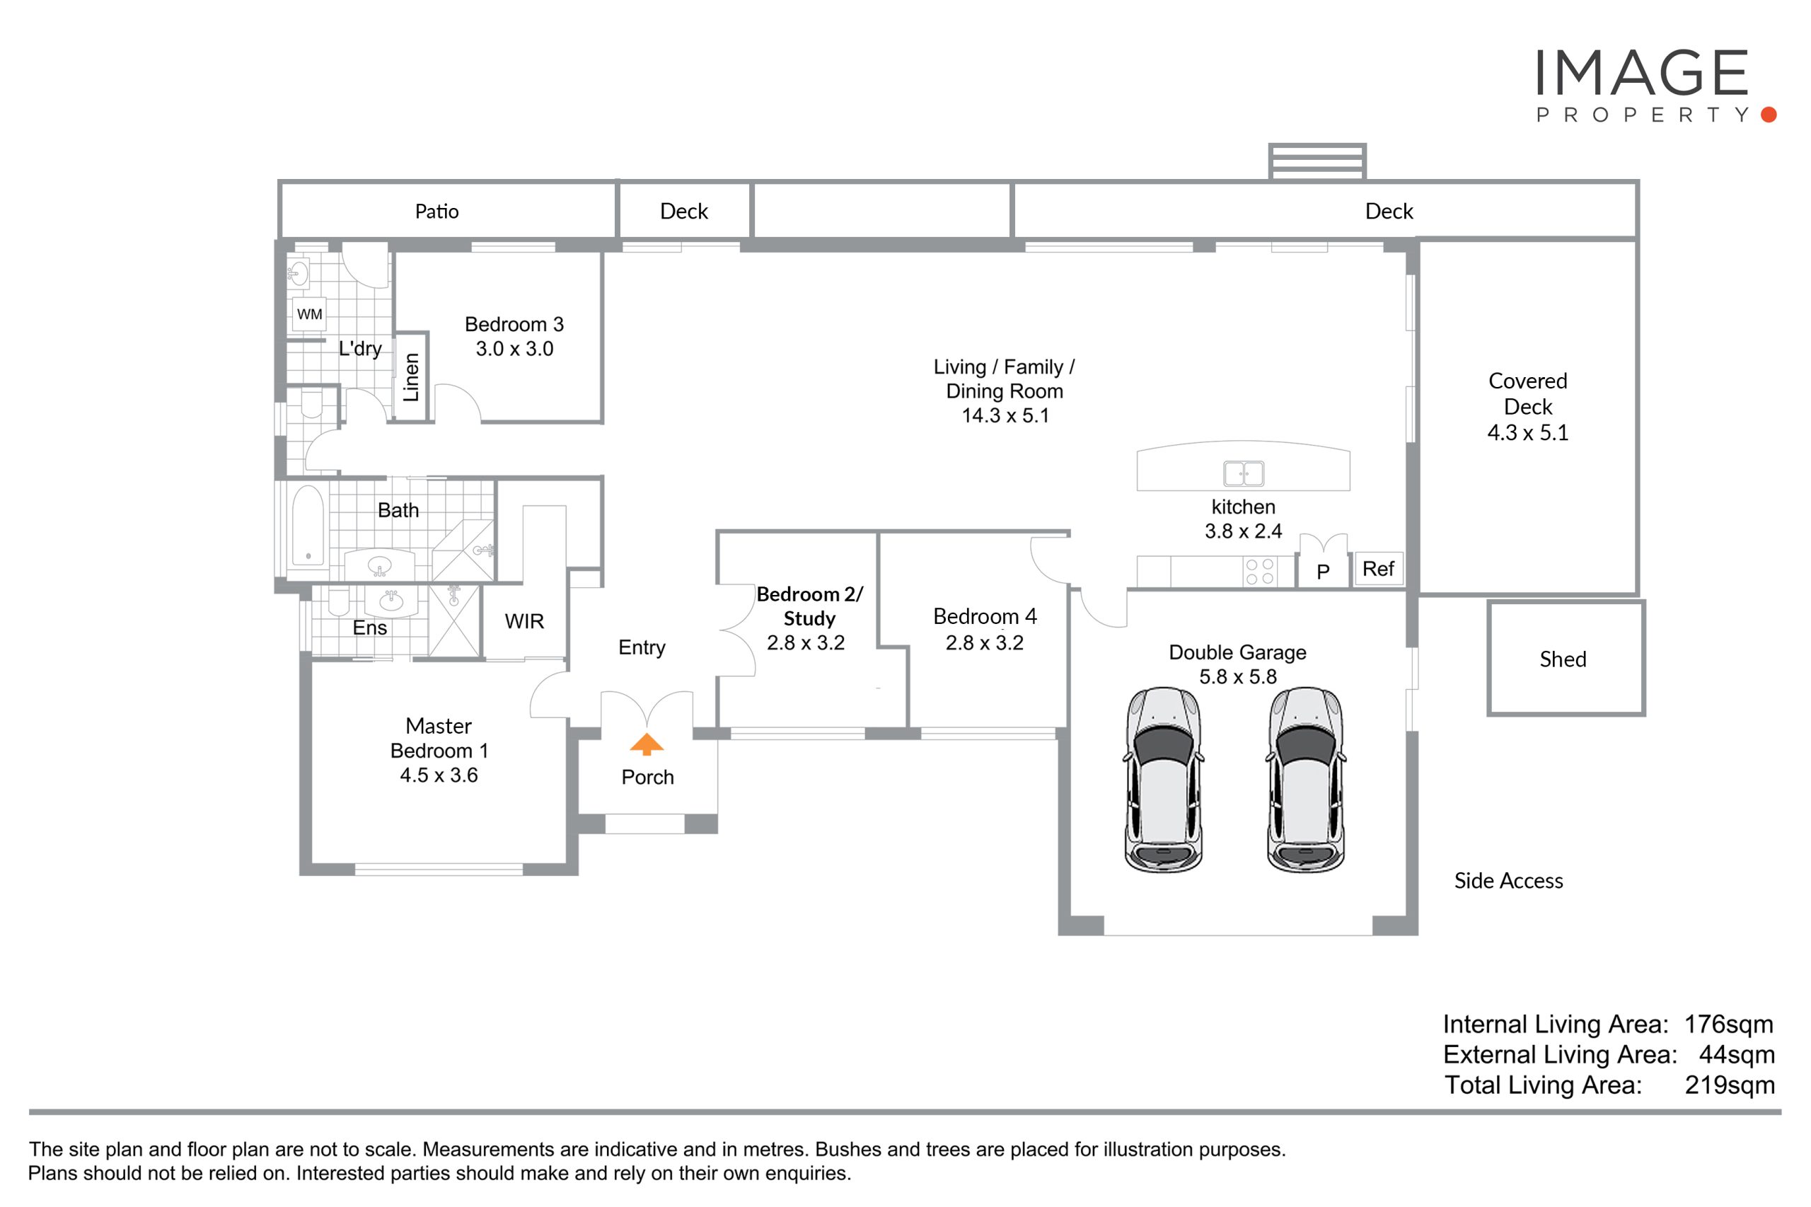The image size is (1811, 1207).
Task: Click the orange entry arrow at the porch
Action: coord(646,744)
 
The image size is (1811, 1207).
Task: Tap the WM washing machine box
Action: coord(309,314)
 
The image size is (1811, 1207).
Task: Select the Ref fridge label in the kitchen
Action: coord(1377,569)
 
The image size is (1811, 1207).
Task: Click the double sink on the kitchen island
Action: coord(1243,473)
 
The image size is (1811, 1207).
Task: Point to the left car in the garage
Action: coord(1164,780)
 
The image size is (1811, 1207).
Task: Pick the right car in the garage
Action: coord(1305,780)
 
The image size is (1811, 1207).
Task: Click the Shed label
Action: coord(1563,659)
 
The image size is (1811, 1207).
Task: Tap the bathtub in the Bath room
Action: coord(308,525)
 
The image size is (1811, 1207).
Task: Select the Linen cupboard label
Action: coord(411,377)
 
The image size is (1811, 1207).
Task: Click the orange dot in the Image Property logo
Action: coord(1769,115)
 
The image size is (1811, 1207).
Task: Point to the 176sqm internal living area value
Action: coord(1728,1024)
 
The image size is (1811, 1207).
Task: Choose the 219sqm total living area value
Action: coord(1730,1085)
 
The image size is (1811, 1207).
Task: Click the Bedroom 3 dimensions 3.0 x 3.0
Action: coord(514,349)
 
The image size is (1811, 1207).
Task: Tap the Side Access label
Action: coord(1508,881)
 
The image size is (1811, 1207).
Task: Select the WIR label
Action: coord(524,621)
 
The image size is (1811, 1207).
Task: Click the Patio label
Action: coord(436,212)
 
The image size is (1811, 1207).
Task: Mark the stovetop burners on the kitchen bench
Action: coord(1259,572)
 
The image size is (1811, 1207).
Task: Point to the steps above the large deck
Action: coord(1317,161)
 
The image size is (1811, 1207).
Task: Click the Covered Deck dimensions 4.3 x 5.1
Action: coord(1527,432)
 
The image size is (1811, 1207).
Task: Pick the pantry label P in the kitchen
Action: coord(1323,572)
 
